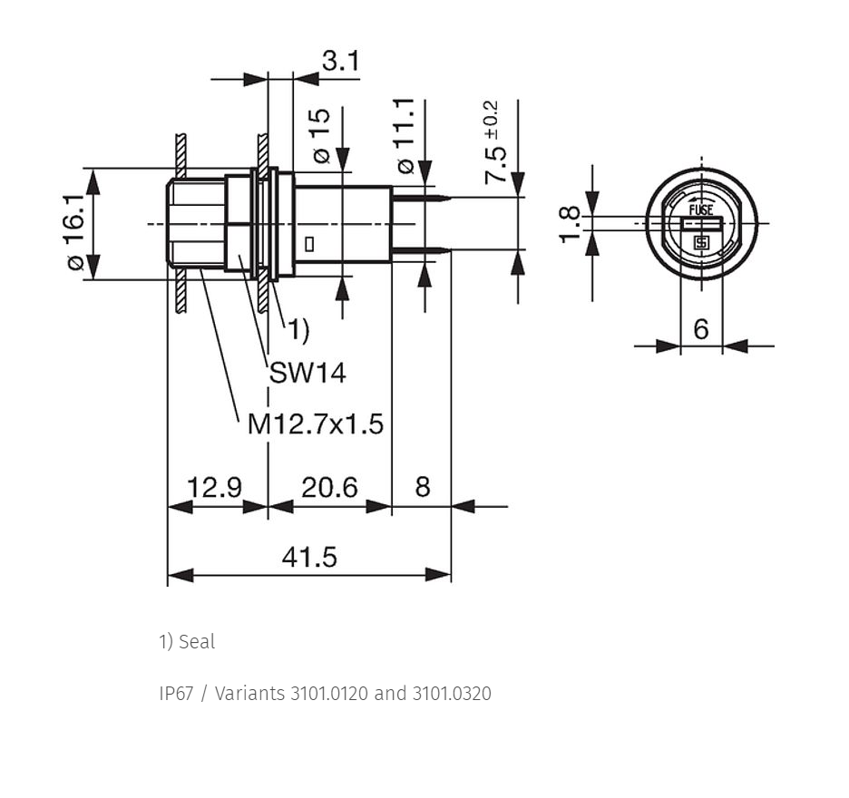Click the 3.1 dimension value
340,61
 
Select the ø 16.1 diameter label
76,232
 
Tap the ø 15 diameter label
321,136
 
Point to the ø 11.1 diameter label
405,136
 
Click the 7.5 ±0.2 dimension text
494,142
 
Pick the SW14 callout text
307,373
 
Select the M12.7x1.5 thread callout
315,423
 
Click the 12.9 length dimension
214,487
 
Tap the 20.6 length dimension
329,487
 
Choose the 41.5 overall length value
309,557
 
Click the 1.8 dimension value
570,225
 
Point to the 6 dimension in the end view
700,328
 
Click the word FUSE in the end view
701,209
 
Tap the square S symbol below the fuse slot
702,243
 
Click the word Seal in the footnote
197,642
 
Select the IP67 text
176,694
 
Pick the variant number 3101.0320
452,694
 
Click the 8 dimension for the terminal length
423,487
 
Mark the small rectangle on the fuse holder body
309,245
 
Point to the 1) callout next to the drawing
298,330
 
